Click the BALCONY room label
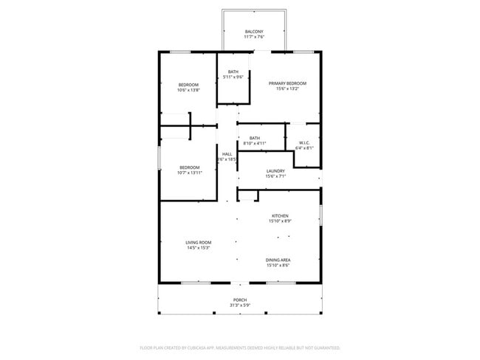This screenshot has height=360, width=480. click(254, 32)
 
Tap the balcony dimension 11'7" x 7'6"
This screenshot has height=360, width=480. click(254, 38)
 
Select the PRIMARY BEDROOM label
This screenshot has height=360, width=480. click(287, 84)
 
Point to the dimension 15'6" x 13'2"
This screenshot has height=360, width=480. click(287, 90)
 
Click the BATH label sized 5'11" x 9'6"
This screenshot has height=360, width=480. click(233, 72)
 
